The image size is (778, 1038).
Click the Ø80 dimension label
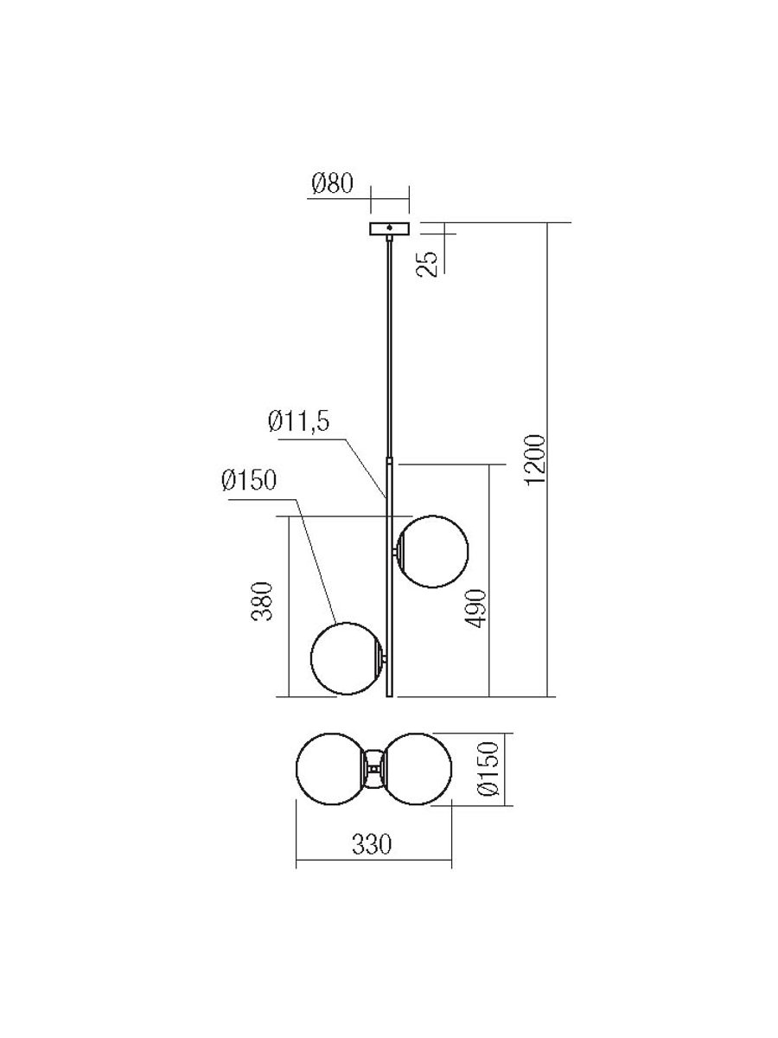333,183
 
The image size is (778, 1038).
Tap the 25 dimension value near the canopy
429,264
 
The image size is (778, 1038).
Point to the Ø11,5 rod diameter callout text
298,420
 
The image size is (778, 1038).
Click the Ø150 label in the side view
248,481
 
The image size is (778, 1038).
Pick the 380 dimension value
262,601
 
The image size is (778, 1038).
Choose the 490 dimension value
475,609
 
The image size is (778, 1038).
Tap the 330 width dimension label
372,844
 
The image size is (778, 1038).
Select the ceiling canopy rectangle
389,228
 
